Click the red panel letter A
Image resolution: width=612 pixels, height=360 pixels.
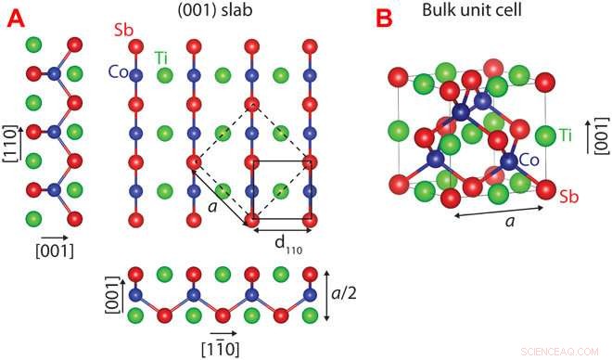(16, 19)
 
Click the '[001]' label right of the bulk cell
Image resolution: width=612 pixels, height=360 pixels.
(600, 134)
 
